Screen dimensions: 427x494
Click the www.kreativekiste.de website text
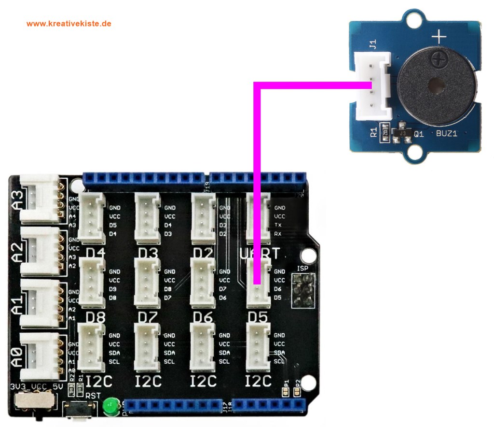[69, 23]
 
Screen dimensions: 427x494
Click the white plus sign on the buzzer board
[438, 36]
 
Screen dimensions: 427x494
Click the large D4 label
[96, 253]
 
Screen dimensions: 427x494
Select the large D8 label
[96, 318]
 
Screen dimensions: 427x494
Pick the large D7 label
[150, 318]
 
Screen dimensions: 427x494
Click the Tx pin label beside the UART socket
[278, 225]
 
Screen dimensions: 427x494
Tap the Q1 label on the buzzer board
[418, 135]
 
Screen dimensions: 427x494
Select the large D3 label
[150, 253]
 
